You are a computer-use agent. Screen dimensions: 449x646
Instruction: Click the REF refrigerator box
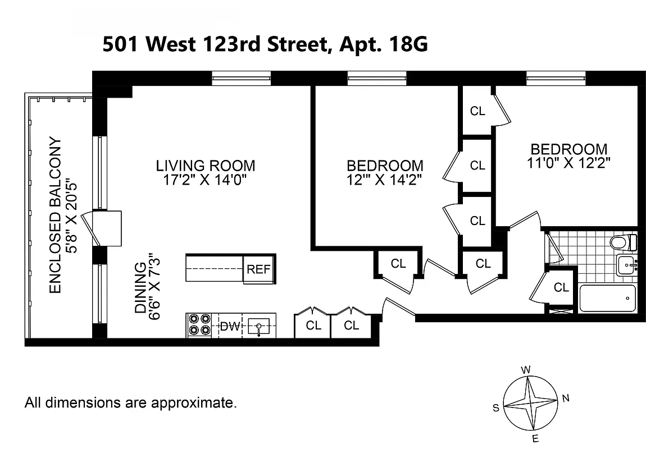coord(258,269)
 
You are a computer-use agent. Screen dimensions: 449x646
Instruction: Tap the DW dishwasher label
coord(228,326)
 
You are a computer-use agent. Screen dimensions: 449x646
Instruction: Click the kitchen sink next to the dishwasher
coord(258,326)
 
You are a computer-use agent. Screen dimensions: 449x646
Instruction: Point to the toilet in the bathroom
coord(624,242)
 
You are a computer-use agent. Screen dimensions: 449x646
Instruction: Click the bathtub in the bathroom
coord(607,298)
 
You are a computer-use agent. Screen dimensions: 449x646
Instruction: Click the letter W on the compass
coord(526,370)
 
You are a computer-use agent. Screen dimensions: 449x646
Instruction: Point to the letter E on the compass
coord(535,438)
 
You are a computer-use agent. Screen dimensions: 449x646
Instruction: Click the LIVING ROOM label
coord(205,166)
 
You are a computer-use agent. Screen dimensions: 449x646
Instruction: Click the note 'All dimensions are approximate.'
coord(131,402)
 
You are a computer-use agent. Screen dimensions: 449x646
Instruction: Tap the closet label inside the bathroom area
coord(561,287)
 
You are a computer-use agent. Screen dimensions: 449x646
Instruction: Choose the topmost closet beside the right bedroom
coord(477,111)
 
